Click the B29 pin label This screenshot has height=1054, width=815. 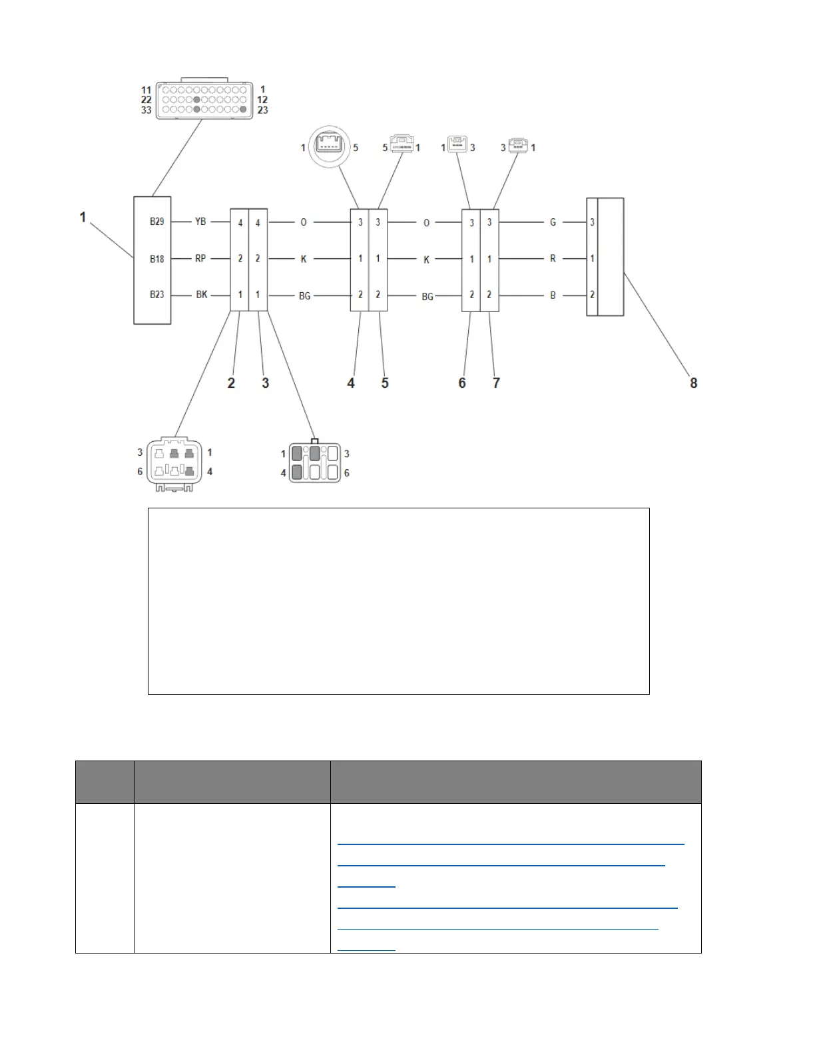point(156,222)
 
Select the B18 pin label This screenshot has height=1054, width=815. point(156,258)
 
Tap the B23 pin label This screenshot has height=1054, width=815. point(156,294)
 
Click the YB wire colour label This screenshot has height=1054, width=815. point(200,222)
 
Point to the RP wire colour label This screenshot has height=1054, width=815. point(200,258)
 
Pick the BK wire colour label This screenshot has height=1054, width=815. point(201,294)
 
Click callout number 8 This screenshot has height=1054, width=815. point(693,383)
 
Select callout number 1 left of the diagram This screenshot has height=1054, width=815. point(83,217)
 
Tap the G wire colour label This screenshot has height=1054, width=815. point(553,222)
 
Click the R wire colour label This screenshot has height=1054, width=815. point(553,259)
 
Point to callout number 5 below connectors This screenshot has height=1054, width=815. point(385,383)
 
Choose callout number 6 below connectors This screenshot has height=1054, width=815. point(462,383)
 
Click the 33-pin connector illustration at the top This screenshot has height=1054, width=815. point(204,100)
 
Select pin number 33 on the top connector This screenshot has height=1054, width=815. point(146,110)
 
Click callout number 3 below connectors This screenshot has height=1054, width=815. point(265,383)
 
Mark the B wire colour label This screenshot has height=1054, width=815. point(553,295)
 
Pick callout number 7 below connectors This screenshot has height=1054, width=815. point(496,383)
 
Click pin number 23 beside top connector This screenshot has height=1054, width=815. point(262,110)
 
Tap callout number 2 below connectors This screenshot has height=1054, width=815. point(231,383)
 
